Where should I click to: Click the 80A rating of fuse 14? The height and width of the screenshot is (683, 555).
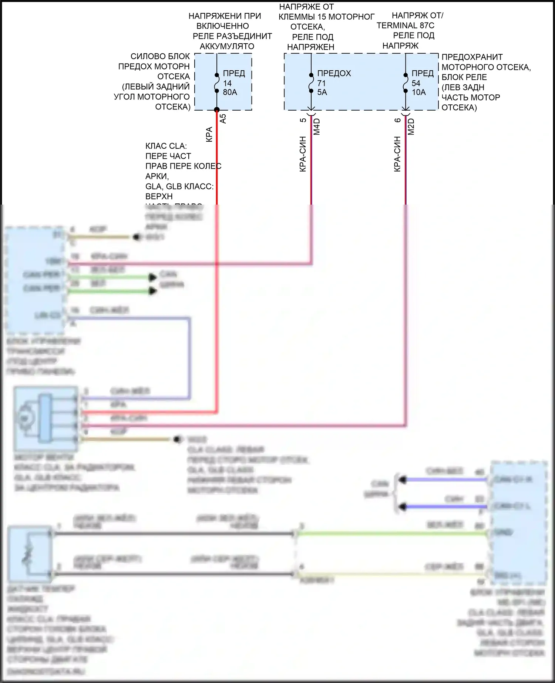[x=230, y=92]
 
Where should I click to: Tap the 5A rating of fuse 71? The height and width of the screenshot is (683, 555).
[x=322, y=92]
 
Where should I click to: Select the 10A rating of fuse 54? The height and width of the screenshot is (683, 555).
[x=418, y=92]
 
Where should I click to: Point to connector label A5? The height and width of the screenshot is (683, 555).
[x=223, y=118]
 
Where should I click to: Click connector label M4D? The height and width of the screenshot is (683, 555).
[x=317, y=126]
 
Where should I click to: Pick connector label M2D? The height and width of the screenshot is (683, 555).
[x=411, y=126]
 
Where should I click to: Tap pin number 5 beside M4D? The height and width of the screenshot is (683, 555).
[x=303, y=120]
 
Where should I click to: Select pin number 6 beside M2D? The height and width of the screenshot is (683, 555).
[x=398, y=120]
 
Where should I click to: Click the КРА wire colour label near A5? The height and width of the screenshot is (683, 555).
[x=209, y=135]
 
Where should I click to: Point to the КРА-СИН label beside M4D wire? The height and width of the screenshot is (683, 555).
[x=303, y=154]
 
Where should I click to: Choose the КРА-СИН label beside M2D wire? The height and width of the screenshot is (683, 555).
[x=397, y=154]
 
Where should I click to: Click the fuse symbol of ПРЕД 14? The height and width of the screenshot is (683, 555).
[x=217, y=82]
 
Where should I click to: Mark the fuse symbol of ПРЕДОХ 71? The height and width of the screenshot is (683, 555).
[x=311, y=82]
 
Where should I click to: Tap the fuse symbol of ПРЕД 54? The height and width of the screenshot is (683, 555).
[x=406, y=82]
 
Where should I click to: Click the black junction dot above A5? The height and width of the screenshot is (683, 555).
[x=217, y=110]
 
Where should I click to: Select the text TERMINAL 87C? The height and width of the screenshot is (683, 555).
[x=406, y=26]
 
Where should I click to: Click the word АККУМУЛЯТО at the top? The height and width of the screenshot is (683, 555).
[x=227, y=46]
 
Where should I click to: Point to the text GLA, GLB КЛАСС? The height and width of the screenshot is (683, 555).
[x=179, y=186]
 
